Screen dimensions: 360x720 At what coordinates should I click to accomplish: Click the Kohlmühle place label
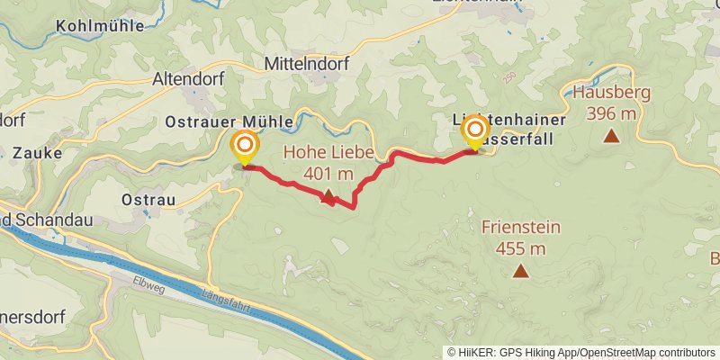point(99,26)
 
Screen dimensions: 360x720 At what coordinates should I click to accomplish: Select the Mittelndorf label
point(307,65)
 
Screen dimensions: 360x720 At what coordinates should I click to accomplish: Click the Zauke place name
point(37,153)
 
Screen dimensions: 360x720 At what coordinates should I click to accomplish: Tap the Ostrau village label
point(147,198)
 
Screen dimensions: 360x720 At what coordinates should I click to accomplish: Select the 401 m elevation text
point(328,173)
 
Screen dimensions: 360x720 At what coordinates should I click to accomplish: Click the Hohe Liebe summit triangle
point(328,195)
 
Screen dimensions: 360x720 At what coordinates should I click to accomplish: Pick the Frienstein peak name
point(521,228)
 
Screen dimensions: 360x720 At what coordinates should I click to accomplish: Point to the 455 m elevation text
point(521,248)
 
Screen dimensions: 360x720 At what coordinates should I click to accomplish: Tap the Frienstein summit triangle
point(520,270)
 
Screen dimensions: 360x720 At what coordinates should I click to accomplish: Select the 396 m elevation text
point(611,113)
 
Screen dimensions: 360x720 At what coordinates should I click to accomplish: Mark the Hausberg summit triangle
point(612,136)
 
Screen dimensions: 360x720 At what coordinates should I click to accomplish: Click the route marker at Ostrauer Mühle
point(244,145)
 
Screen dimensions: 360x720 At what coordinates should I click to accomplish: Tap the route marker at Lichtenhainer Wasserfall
point(474,131)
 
